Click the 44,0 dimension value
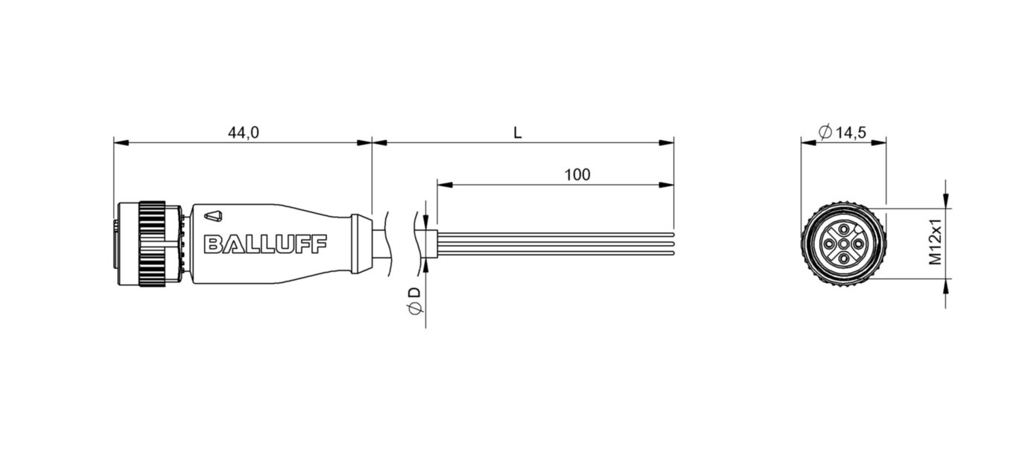(x=243, y=133)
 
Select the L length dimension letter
(x=517, y=133)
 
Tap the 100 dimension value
(x=577, y=175)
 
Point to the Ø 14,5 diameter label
(x=842, y=133)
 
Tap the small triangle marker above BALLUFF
(x=213, y=217)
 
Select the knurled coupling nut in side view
(x=152, y=243)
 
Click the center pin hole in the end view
(x=843, y=243)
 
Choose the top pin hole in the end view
(x=843, y=227)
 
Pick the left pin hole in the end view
(x=828, y=243)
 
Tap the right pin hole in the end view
(x=858, y=243)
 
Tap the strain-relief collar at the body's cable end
(x=361, y=243)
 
